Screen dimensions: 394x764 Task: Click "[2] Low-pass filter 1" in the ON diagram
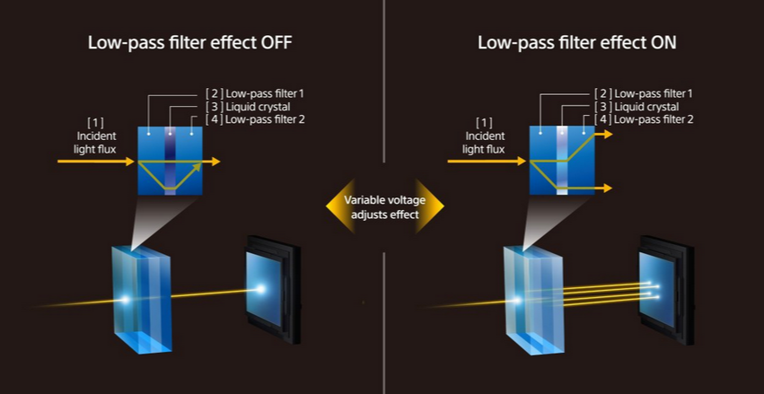(644, 93)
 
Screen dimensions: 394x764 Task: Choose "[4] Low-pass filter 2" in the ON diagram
(644, 119)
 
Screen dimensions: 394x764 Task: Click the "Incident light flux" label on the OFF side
(96, 136)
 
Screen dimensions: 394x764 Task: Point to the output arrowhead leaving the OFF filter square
(216, 162)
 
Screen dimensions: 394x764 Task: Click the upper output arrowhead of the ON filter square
(608, 134)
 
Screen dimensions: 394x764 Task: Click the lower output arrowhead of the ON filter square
(608, 188)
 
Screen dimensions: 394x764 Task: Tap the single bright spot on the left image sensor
(261, 289)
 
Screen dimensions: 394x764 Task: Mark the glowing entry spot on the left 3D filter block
(126, 300)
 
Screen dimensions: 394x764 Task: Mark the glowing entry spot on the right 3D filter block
(518, 301)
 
